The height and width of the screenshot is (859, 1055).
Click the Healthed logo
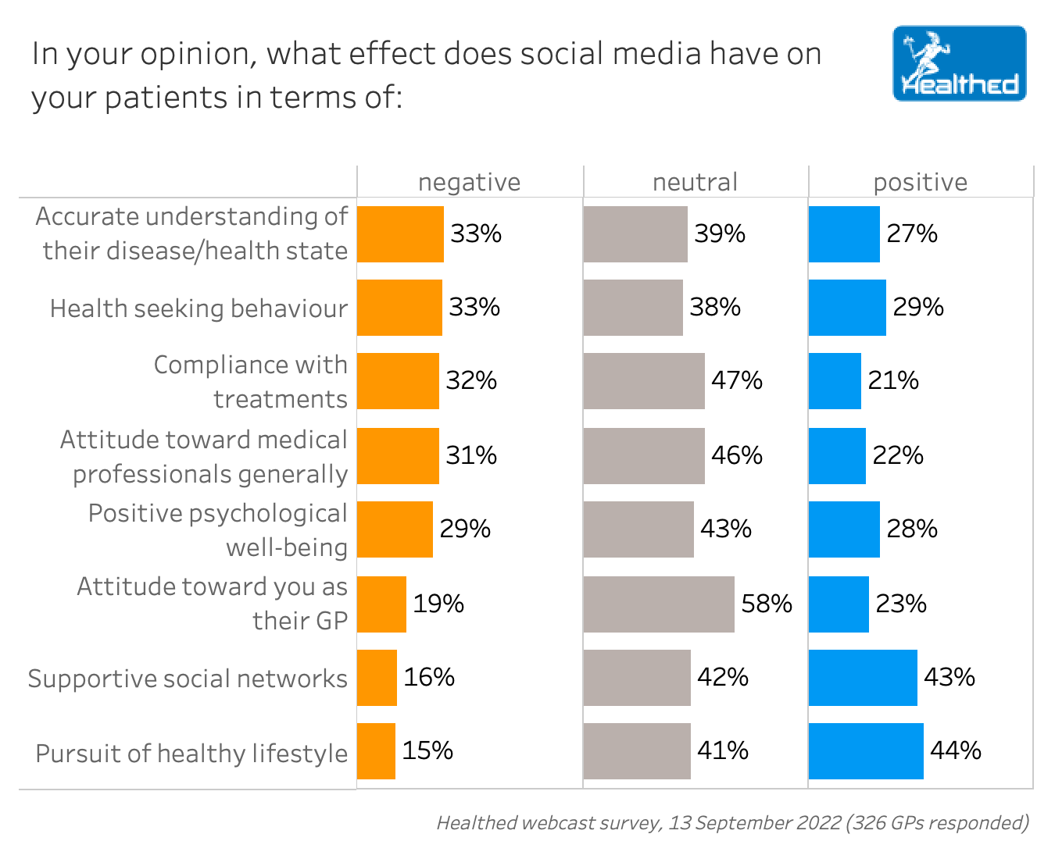click(x=959, y=63)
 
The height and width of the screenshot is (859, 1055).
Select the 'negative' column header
click(x=469, y=182)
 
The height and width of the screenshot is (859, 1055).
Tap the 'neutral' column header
click(x=695, y=182)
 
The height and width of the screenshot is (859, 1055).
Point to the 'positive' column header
click(x=920, y=182)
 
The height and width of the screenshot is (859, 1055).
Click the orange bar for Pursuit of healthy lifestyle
click(x=376, y=751)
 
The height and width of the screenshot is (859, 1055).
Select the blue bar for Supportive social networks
click(x=863, y=678)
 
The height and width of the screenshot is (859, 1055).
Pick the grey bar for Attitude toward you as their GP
click(x=659, y=604)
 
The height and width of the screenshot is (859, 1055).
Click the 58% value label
click(x=767, y=604)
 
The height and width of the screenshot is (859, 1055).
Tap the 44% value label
click(x=955, y=750)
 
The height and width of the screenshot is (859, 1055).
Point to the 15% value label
click(x=427, y=750)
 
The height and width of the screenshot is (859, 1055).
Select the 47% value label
click(x=736, y=380)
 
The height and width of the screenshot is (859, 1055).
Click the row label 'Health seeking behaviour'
click(x=198, y=308)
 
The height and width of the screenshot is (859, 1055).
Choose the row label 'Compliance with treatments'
click(x=250, y=382)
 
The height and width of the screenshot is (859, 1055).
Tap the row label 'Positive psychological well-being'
click(x=217, y=530)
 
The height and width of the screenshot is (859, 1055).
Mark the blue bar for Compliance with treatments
click(x=835, y=381)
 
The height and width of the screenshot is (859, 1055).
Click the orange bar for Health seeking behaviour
click(x=399, y=308)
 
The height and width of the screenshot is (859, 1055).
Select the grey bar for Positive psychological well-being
click(x=638, y=529)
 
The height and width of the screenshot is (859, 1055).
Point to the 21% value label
click(x=893, y=380)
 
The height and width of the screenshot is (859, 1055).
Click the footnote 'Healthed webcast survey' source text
click(x=732, y=822)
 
